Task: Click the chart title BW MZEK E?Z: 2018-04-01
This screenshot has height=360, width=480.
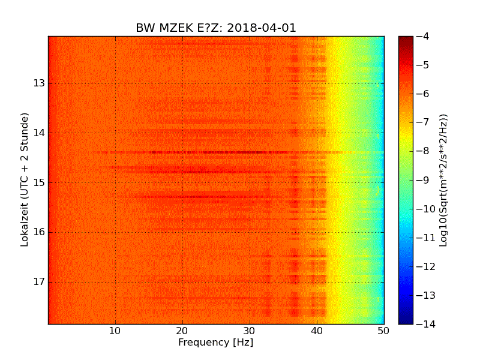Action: [x=216, y=28]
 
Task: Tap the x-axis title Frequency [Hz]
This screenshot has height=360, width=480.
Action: [x=215, y=343]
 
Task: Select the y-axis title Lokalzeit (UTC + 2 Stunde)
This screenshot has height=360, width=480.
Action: [x=25, y=179]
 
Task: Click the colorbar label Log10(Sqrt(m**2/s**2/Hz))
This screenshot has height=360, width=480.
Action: [x=443, y=180]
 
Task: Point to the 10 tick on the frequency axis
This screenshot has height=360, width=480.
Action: [x=115, y=331]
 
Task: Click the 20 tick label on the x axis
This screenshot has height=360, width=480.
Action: [x=182, y=331]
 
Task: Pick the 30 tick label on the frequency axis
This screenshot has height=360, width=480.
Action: [x=250, y=331]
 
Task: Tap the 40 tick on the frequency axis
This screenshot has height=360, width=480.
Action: [x=317, y=331]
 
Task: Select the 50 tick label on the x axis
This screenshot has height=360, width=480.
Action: [x=383, y=331]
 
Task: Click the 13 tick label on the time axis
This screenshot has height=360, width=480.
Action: [x=40, y=83]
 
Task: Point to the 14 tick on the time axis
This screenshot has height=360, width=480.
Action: [x=40, y=133]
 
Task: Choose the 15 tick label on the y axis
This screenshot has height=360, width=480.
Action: [x=40, y=182]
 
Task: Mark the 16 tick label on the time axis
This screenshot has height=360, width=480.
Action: [x=40, y=232]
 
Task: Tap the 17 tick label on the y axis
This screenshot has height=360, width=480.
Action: [x=40, y=282]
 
